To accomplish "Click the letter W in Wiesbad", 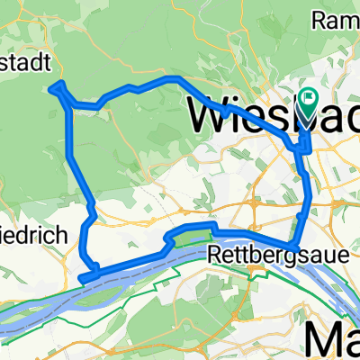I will [206, 114].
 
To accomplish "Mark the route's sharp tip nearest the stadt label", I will [57, 85].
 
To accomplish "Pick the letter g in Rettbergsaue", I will [265, 256].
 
